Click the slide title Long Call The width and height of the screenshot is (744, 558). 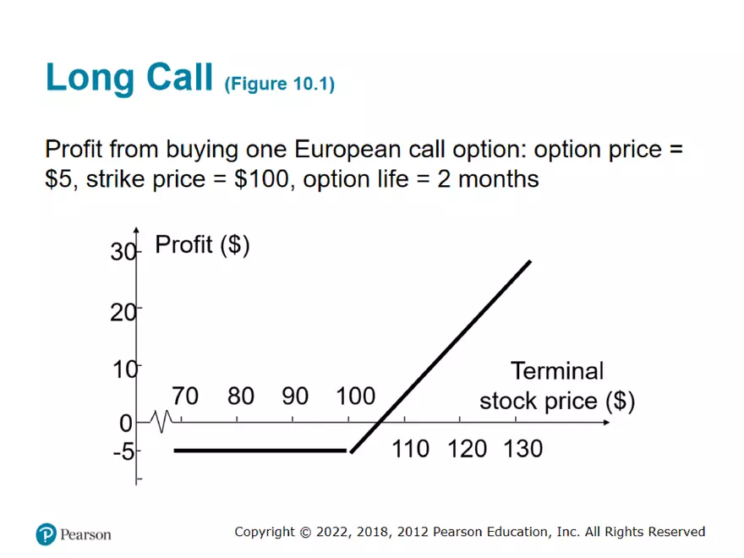click(129, 78)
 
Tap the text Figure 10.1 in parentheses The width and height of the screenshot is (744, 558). click(279, 85)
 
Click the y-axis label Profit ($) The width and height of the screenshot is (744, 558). click(202, 245)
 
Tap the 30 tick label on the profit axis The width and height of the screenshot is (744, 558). click(123, 253)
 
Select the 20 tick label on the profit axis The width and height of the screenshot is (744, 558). click(123, 311)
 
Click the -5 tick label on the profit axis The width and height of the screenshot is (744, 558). click(123, 451)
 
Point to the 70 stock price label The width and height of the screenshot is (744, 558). click(185, 396)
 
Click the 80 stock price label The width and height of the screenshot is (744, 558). click(241, 396)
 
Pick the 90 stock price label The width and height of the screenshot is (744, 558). click(295, 396)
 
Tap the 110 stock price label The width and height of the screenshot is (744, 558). click(411, 448)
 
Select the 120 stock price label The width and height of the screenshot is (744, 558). click(468, 448)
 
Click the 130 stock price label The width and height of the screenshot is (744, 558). click(522, 448)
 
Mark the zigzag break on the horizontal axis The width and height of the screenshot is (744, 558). click(161, 418)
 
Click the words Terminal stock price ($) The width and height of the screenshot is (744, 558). click(557, 386)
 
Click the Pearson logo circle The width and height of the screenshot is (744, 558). click(46, 534)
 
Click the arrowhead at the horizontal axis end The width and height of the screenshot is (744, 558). click(603, 420)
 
